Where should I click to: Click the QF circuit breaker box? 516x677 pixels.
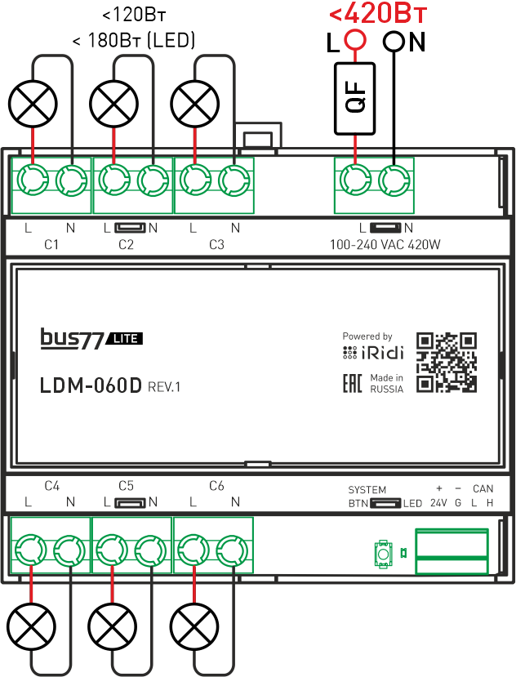355,98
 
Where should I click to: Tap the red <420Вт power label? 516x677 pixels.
378,14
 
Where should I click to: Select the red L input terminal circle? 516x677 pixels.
354,40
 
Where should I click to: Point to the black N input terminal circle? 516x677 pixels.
394,40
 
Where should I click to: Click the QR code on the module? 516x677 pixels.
446,362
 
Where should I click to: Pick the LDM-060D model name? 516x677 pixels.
91,385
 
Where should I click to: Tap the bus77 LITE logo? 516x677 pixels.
92,339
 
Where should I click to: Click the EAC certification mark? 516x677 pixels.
352,384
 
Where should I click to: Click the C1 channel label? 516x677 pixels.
50,244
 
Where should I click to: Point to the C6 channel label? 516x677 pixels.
216,486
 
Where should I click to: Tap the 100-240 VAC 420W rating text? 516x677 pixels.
385,244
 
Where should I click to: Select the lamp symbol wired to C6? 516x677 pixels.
194,627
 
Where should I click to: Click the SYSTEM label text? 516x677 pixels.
367,490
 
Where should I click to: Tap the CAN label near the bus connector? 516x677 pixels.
483,489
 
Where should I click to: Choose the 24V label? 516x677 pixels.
438,503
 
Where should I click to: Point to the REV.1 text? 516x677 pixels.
164,387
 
